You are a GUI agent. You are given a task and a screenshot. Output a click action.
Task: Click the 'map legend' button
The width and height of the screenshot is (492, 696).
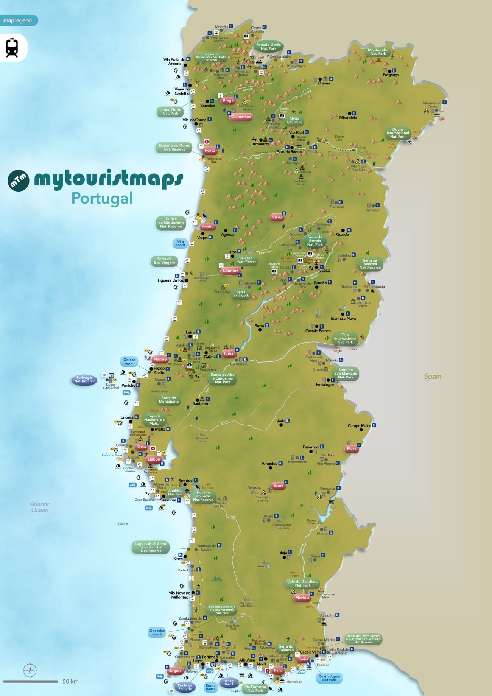coord(18,20)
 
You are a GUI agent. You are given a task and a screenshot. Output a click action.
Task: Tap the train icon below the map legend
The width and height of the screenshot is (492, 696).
coord(12,48)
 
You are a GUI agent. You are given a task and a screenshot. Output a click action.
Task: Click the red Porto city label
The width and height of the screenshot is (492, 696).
coord(210,150)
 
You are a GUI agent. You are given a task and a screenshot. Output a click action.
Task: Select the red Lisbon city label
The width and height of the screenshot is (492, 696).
coord(154,459)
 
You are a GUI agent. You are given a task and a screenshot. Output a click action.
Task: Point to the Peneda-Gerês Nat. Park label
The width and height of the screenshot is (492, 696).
coord(268,47)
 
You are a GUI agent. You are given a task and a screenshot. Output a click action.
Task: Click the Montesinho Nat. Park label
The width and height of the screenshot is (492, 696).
coord(378,52)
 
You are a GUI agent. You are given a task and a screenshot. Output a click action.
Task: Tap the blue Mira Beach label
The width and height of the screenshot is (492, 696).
coord(180,243)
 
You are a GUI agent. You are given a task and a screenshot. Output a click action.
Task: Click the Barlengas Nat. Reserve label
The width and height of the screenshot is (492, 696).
coord(84,379)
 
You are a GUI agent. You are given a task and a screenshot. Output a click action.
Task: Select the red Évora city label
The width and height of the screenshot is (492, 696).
coord(278,486)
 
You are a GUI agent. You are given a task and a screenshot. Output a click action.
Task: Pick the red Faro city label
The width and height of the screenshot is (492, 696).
coord(278,670)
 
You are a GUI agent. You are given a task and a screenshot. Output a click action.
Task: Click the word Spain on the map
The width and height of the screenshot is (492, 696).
coord(432,376)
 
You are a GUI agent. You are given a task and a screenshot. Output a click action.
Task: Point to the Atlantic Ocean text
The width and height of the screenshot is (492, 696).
coord(40,507)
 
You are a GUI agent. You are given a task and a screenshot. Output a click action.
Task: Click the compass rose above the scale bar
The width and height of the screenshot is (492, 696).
coord(30,670)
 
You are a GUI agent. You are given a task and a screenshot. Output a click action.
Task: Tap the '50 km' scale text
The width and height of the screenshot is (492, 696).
coord(70,681)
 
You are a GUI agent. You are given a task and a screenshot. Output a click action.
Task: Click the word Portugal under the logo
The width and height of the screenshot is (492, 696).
coord(102,198)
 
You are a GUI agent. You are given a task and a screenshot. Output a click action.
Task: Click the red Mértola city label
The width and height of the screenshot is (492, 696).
coord(302,598)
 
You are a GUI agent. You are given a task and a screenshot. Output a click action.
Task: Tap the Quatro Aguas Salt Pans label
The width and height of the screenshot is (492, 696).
coord(329,678)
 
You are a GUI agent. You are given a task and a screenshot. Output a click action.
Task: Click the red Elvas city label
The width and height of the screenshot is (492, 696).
coord(352,449)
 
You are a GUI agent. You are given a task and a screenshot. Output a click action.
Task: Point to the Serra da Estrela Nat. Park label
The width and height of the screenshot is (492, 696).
coord(315,241)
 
